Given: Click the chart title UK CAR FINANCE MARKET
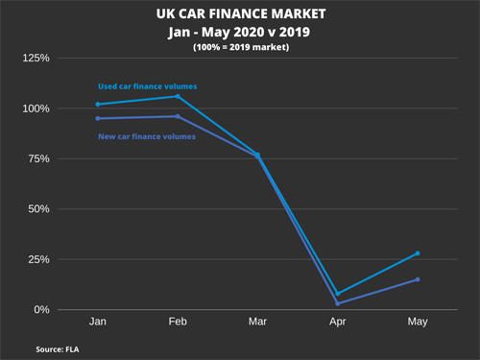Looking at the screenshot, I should (240, 14).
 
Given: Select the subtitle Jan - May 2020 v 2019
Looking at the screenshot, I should (240, 31).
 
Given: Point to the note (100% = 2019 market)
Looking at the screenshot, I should (240, 46).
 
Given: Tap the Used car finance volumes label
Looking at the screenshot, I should (148, 86).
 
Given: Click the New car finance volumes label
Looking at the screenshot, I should (148, 136).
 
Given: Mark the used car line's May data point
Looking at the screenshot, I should (418, 253).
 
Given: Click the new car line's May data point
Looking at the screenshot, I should (418, 279).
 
